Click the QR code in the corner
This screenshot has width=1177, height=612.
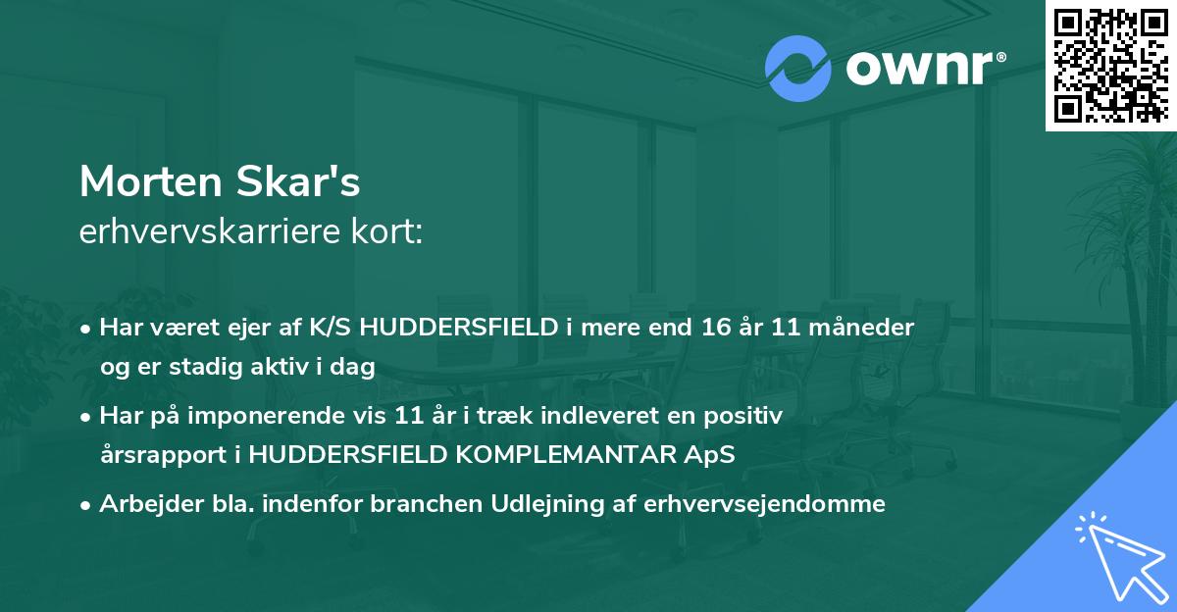pos(1111,65)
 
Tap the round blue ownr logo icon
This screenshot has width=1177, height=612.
pos(797,70)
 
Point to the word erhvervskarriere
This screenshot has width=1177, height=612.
pos(202,233)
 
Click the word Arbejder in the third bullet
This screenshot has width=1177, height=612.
pos(141,504)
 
